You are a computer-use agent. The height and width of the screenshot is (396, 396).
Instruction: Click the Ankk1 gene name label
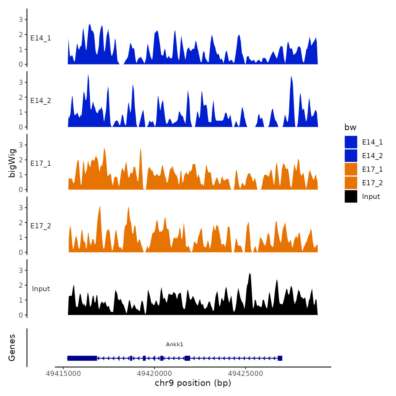tap(175, 344)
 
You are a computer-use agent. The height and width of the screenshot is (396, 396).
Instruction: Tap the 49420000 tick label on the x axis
tap(154, 374)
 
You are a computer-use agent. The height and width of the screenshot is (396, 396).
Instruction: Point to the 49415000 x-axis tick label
tap(63, 374)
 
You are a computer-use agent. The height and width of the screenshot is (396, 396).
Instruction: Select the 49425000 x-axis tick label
tap(246, 374)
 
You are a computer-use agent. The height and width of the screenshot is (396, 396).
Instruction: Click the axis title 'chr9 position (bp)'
tap(193, 383)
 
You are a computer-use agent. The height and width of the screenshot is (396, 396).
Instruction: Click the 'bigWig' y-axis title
tap(12, 163)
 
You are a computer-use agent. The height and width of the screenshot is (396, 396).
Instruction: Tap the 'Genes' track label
tap(12, 348)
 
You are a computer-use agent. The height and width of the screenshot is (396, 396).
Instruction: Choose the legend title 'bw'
tap(350, 127)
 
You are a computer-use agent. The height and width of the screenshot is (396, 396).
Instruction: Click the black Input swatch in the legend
tap(351, 196)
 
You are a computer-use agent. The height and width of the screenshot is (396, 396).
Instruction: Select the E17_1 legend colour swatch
tap(351, 169)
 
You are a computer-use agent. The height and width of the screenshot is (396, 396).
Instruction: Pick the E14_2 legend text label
tap(372, 156)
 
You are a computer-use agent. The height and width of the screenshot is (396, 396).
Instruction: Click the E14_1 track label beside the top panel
tap(41, 38)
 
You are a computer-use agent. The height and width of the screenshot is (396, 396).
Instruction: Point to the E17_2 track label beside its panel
tap(41, 226)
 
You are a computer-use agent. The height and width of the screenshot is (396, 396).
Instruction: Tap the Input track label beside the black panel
tap(41, 289)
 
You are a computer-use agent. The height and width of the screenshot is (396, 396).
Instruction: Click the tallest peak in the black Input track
tap(249, 274)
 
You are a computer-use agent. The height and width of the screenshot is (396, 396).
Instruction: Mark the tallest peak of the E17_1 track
tap(141, 149)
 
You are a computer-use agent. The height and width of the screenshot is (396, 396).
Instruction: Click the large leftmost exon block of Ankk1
tap(82, 358)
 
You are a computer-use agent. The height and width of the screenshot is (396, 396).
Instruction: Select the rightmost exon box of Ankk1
tap(280, 358)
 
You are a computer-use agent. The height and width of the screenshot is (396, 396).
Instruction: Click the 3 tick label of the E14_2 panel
tap(21, 83)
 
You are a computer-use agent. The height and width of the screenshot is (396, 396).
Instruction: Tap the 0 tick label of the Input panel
tap(21, 315)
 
